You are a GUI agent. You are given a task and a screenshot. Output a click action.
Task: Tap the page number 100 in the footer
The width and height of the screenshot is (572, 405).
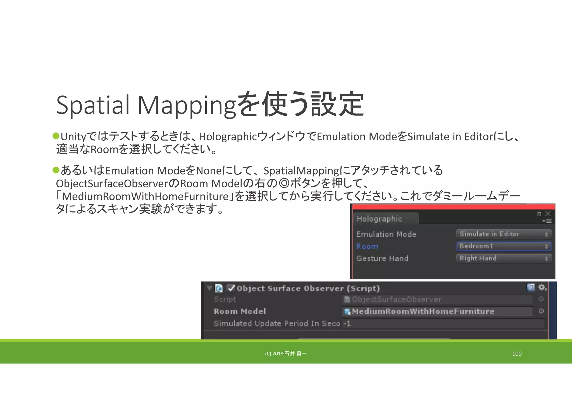[517, 354]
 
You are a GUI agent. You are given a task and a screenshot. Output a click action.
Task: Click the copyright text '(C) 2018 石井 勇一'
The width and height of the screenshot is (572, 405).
[286, 354]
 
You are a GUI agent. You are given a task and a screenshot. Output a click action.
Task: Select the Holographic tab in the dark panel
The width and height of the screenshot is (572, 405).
[379, 219]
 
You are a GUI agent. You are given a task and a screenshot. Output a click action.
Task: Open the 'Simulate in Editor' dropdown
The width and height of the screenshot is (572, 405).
[504, 234]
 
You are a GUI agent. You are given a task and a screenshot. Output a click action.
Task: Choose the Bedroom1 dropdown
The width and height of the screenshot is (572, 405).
[504, 246]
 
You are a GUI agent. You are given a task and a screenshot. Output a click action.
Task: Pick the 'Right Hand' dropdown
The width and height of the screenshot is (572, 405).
[504, 258]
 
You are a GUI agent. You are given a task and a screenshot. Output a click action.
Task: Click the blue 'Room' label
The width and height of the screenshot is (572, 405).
[367, 246]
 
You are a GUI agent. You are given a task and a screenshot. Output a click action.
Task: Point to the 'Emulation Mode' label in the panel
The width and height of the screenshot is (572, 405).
[386, 234]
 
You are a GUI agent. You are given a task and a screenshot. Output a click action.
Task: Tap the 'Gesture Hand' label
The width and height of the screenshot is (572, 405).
[382, 258]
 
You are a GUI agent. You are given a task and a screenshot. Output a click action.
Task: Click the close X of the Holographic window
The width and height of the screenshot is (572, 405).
[548, 214]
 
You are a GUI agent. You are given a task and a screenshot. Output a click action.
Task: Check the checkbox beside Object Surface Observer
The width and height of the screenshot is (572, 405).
[231, 288]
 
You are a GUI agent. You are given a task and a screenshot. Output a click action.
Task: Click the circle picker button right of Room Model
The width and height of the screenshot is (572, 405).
[541, 311]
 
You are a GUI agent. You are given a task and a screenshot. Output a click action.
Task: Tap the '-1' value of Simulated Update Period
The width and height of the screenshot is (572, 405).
[347, 324]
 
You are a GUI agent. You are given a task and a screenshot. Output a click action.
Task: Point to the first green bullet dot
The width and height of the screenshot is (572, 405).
[56, 136]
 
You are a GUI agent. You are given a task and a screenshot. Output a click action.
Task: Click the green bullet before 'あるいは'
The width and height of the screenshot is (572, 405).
[56, 170]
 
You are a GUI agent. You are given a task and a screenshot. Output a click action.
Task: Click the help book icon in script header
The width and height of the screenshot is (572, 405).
[530, 288]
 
